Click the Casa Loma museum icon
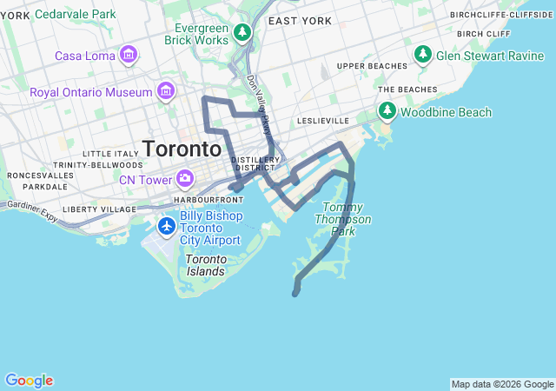point(129,56)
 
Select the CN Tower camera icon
point(184,180)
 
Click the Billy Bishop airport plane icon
point(167,226)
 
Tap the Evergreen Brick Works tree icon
point(243,34)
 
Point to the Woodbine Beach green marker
point(387,112)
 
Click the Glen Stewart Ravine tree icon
point(423,56)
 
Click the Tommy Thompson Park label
point(347,219)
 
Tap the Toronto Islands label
point(205,265)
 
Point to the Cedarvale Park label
point(75,15)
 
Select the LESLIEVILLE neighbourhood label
point(322,120)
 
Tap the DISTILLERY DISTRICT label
point(255,163)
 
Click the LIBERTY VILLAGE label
point(99,209)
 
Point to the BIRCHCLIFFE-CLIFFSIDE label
point(501,15)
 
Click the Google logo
point(29,381)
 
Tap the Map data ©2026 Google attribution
point(501,384)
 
